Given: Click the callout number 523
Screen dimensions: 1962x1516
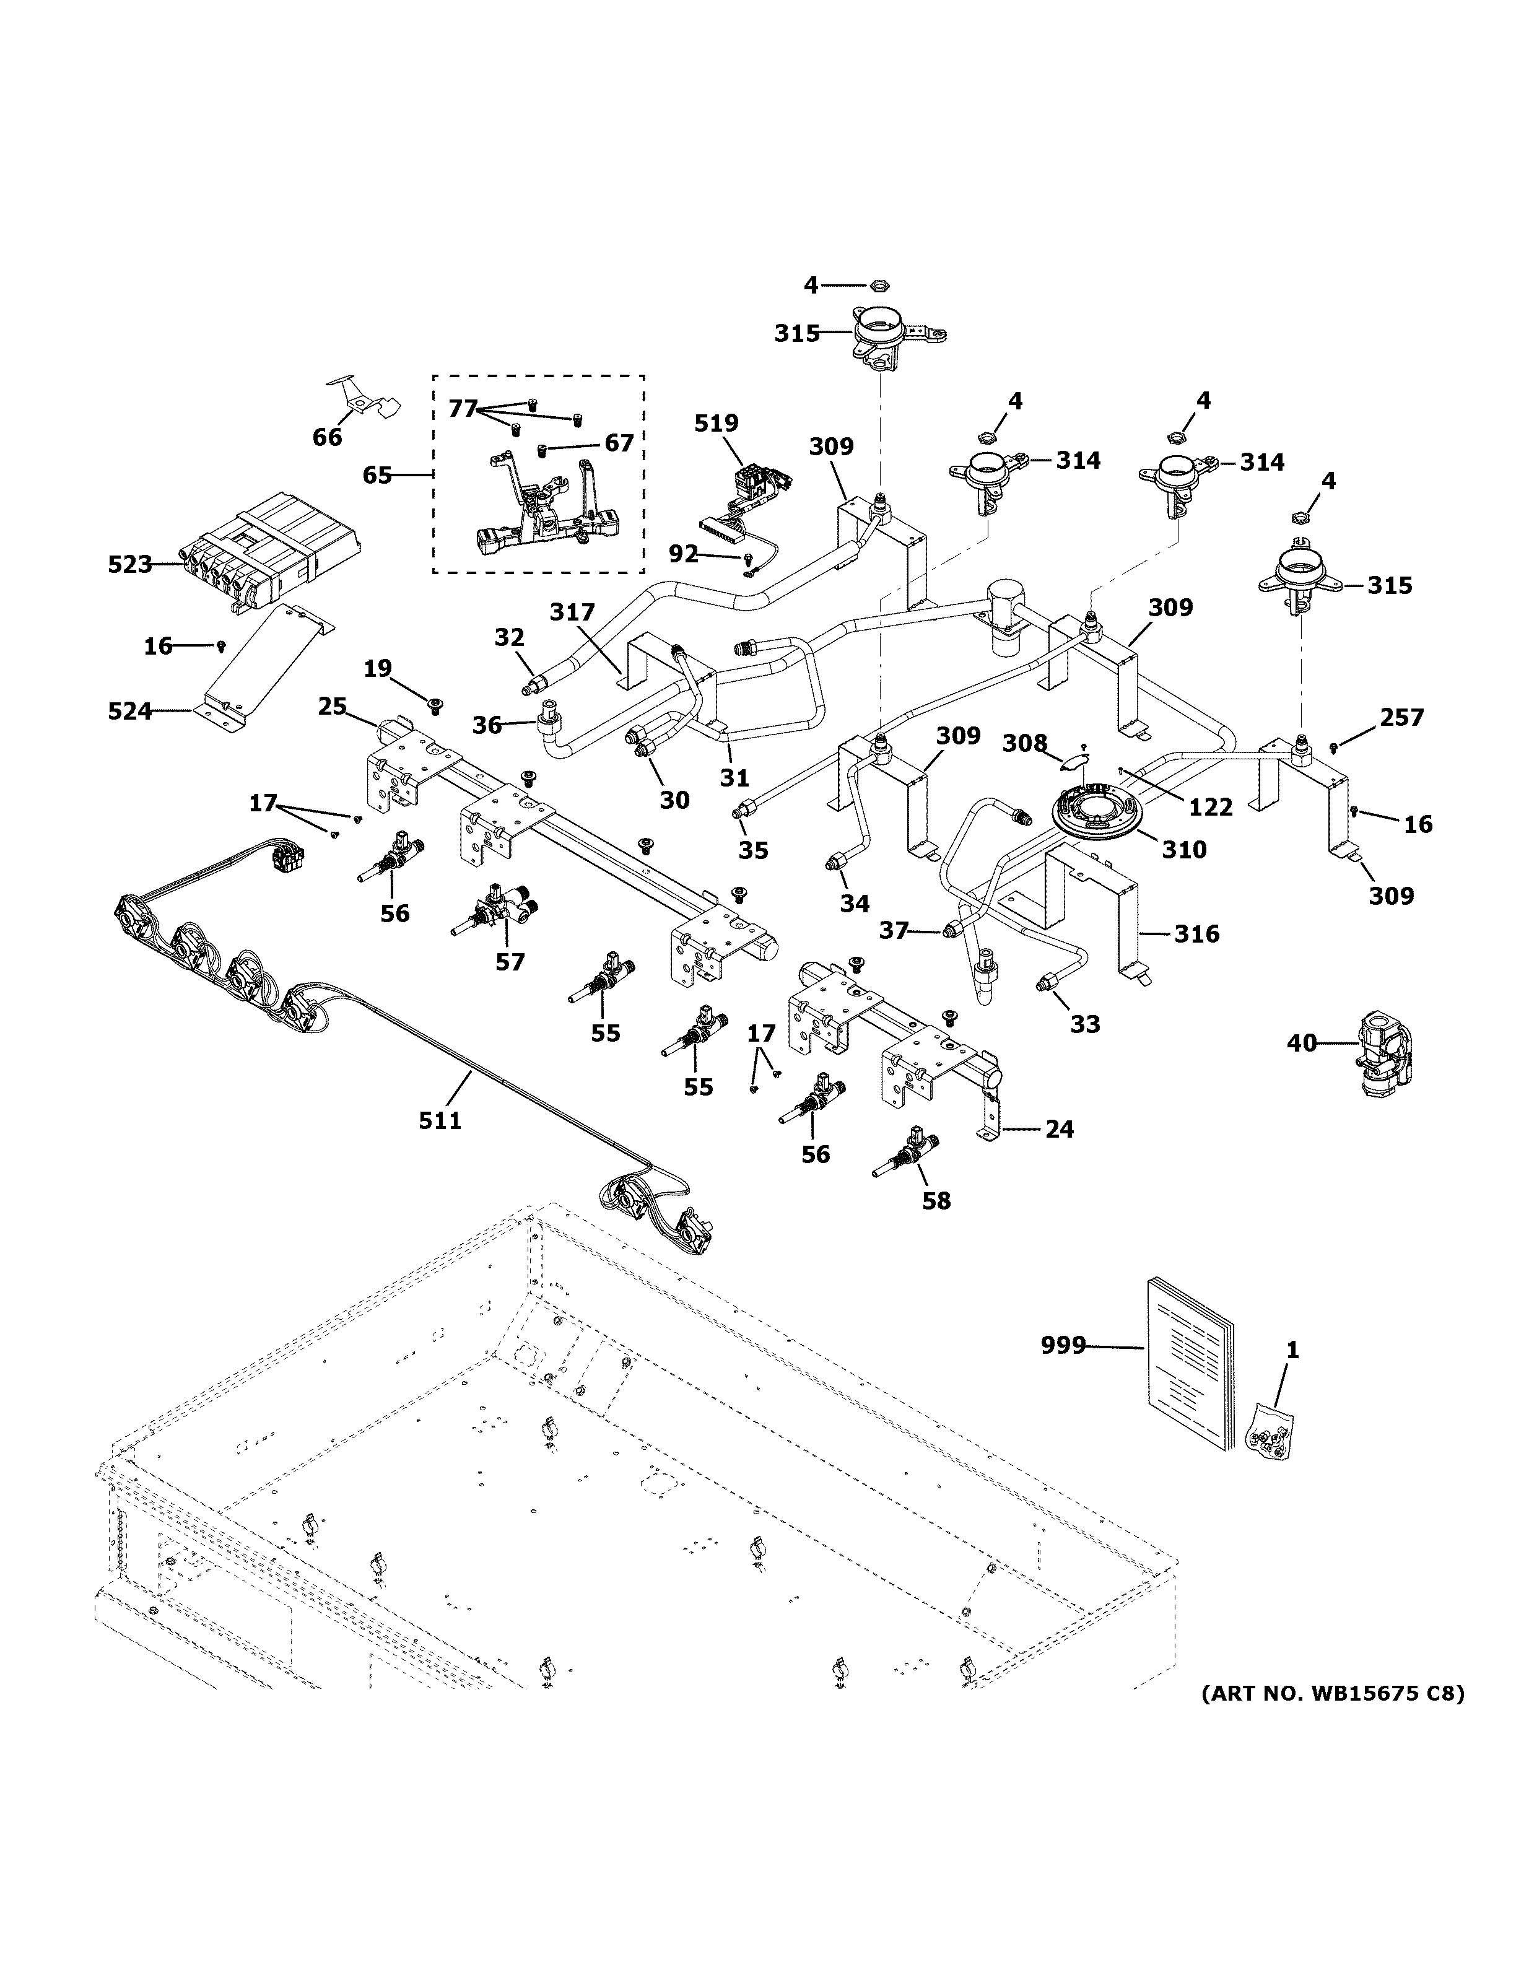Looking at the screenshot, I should [130, 565].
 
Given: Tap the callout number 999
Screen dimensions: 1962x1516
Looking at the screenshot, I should [1063, 1371].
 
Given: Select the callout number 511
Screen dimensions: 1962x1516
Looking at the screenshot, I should [440, 1120].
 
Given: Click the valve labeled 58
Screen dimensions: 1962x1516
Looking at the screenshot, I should [909, 1154].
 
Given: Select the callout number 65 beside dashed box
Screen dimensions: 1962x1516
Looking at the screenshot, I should [377, 474].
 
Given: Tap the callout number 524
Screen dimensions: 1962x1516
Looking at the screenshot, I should [130, 712].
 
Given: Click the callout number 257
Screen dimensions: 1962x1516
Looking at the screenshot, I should [1402, 718].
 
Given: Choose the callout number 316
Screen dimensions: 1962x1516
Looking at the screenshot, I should [1197, 935].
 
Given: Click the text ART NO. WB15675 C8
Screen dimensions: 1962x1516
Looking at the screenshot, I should [1332, 1694].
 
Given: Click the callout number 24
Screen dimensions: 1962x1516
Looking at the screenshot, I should [1060, 1129].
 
